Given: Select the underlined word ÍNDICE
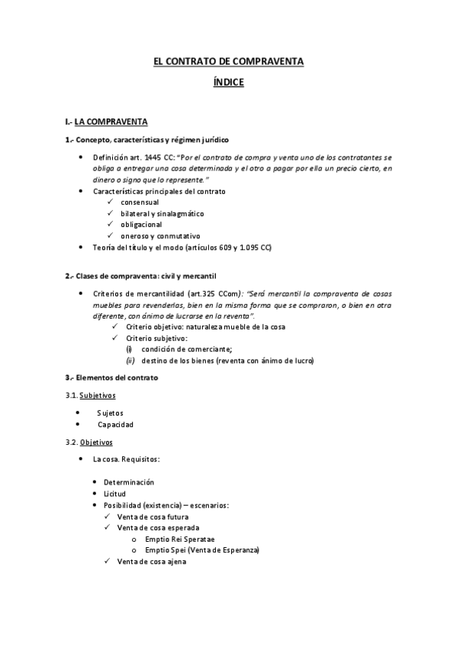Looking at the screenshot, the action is tap(228, 82).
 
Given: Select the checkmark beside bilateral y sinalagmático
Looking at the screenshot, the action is tap(111, 214).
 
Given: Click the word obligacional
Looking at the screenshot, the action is tap(143, 225).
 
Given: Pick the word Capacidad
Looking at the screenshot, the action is tap(115, 424).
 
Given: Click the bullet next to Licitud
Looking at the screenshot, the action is tap(95, 494).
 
